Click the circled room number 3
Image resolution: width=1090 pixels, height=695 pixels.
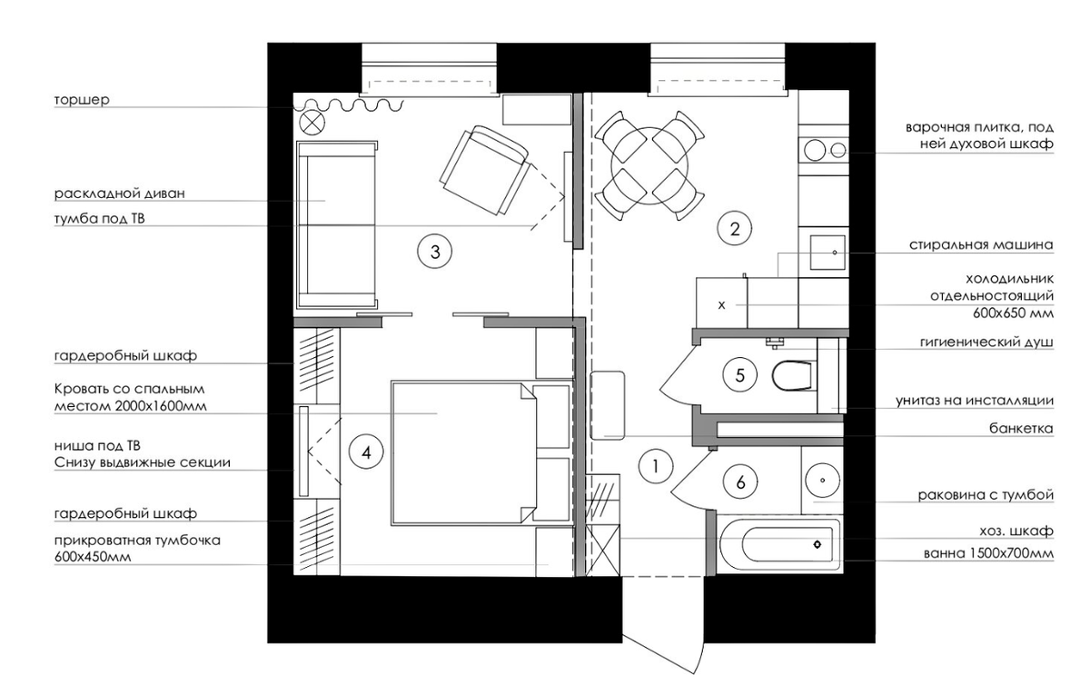tap(435, 252)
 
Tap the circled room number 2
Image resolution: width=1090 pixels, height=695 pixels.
tap(735, 229)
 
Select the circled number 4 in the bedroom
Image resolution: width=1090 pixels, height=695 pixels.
tap(366, 452)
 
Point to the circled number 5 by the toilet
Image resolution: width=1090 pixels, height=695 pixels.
tap(740, 375)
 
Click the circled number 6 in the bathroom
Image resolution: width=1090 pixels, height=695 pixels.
tap(740, 482)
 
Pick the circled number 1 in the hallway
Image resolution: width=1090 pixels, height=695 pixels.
tap(656, 466)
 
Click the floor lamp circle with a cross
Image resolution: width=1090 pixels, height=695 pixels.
tap(312, 123)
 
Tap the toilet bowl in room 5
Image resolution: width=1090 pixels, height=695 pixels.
tap(794, 375)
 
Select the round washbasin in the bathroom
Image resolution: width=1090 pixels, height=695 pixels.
tap(822, 480)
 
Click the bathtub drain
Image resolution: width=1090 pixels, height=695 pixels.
tap(817, 544)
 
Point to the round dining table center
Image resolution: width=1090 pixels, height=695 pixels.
tap(649, 166)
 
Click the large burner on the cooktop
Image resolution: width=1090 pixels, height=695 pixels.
tap(815, 150)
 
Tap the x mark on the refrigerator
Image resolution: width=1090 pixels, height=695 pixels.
tap(721, 305)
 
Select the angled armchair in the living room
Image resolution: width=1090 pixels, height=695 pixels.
tap(485, 170)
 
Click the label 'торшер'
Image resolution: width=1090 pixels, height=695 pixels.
tap(82, 100)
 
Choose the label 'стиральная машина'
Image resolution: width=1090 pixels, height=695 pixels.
tap(981, 244)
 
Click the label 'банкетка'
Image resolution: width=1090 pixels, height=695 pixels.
tap(1021, 429)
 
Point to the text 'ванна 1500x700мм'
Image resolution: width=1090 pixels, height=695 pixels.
tap(988, 554)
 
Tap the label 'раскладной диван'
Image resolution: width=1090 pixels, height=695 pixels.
tap(120, 194)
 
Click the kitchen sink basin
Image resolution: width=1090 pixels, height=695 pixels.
tap(827, 253)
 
